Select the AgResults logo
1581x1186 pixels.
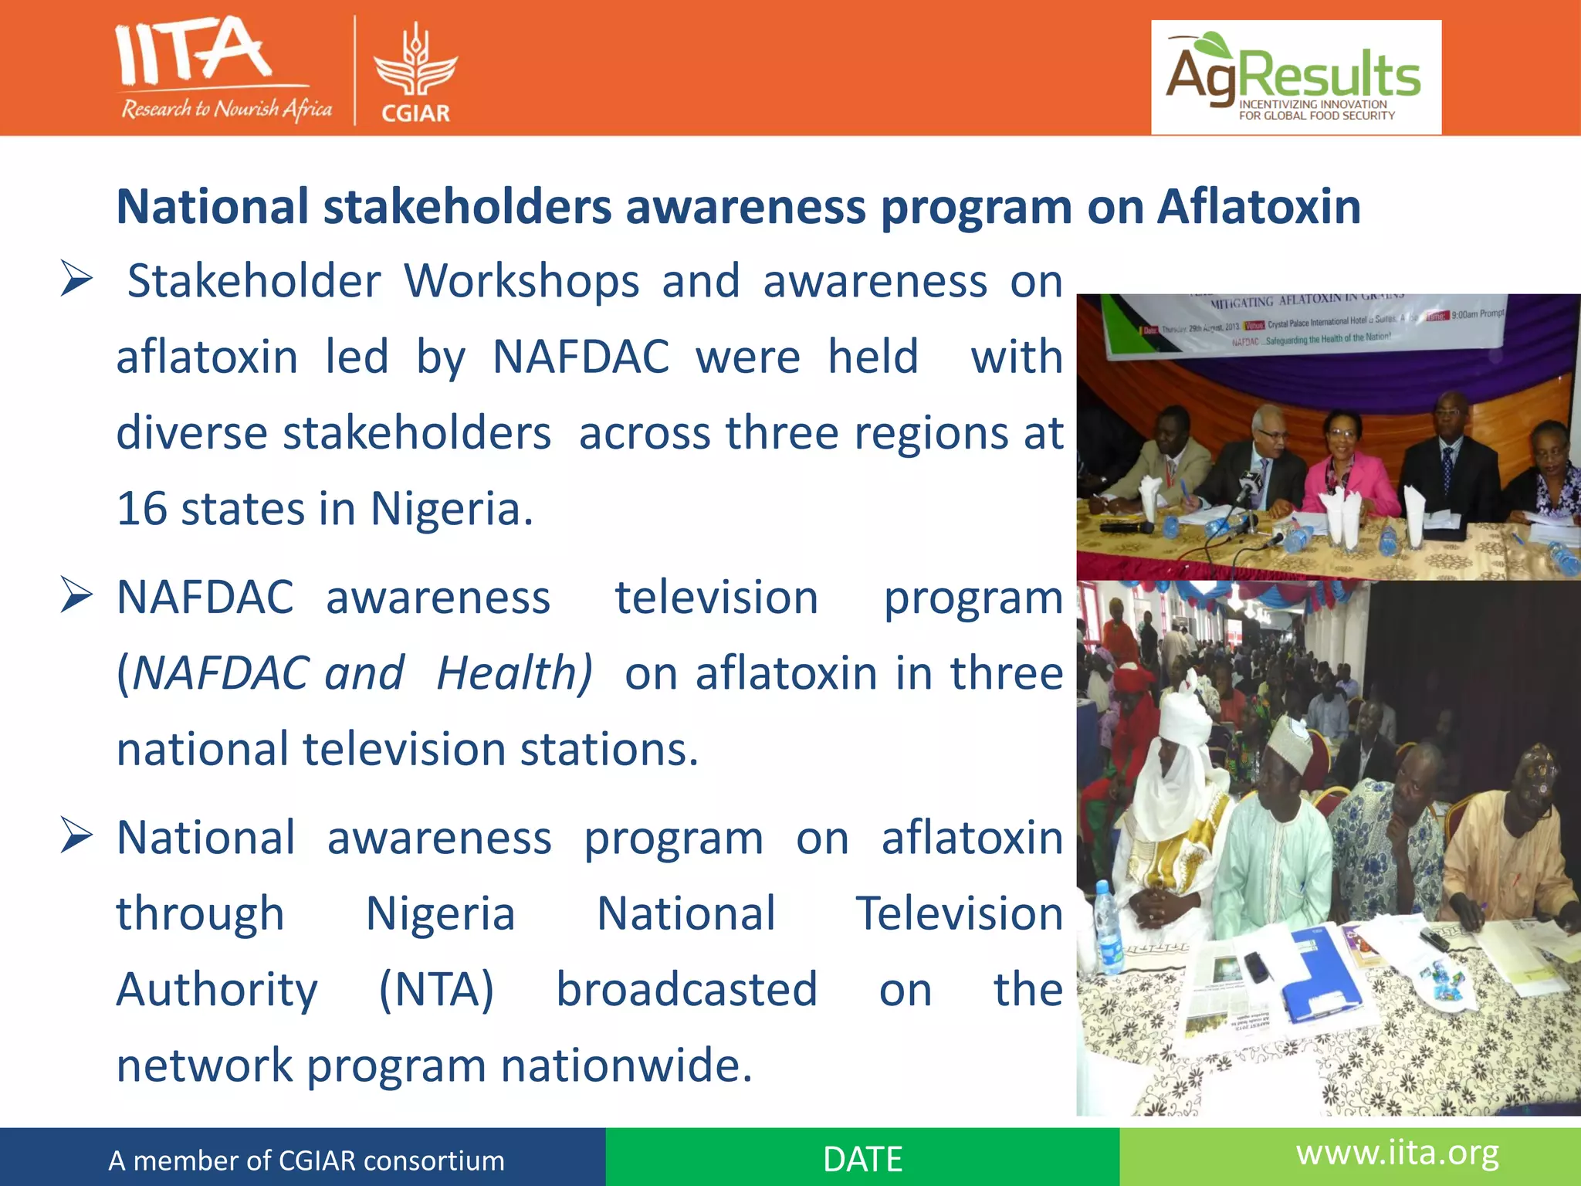click(x=1295, y=77)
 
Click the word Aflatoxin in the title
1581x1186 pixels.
click(x=1258, y=207)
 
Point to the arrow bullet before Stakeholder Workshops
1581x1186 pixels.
click(x=77, y=280)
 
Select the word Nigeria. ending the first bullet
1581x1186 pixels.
click(x=452, y=509)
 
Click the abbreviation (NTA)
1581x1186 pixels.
click(x=436, y=989)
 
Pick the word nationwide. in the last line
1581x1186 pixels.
click(x=626, y=1065)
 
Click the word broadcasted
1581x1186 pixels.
click(x=686, y=989)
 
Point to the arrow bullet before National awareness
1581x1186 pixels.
click(x=77, y=837)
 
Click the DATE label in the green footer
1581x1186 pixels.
click(x=862, y=1159)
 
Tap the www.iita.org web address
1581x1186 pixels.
click(x=1397, y=1153)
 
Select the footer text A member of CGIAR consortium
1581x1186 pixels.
click(x=306, y=1161)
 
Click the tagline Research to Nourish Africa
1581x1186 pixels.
click(x=226, y=109)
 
